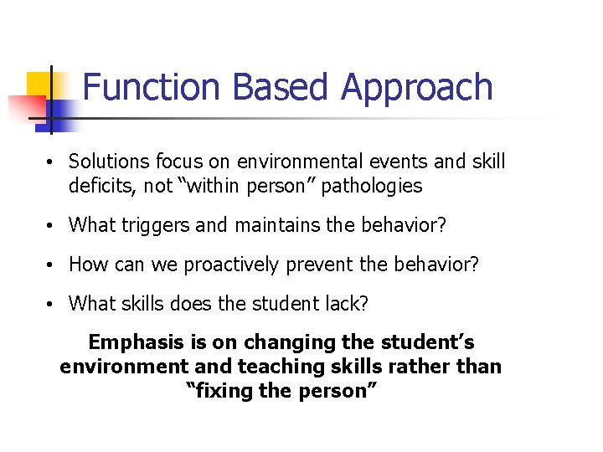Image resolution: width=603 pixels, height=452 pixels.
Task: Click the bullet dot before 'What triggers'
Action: coord(51,226)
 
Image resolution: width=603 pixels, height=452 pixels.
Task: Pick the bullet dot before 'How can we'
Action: coord(51,265)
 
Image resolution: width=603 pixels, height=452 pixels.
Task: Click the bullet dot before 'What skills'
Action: coord(51,304)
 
